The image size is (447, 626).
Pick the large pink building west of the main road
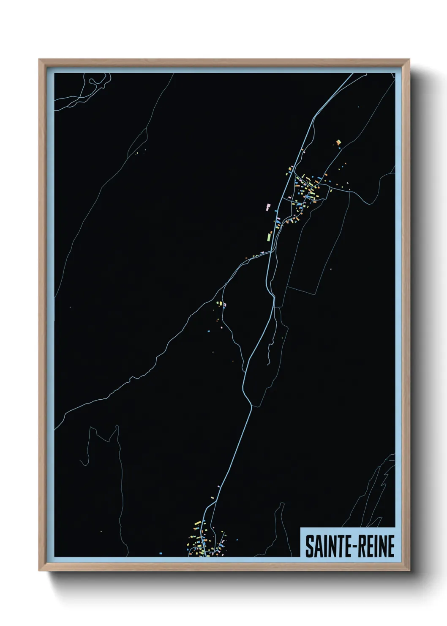tap(267, 206)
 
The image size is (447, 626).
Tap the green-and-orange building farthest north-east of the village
tap(338, 143)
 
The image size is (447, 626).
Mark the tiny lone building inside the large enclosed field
tap(331, 269)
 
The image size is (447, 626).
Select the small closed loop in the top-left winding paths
tap(94, 81)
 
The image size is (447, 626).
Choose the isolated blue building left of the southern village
tap(161, 552)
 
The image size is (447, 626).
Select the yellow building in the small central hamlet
tap(219, 303)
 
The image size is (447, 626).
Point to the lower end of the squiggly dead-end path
tap(268, 364)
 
